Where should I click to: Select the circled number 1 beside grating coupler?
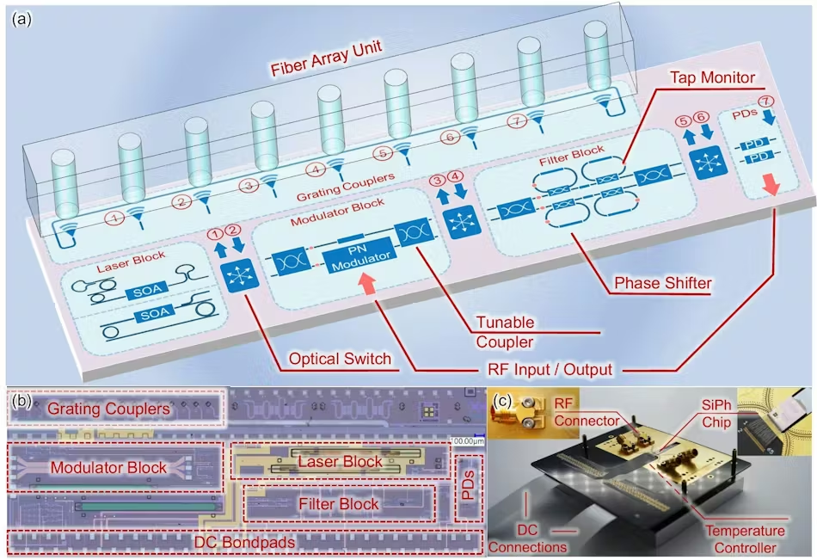[x=114, y=218]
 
